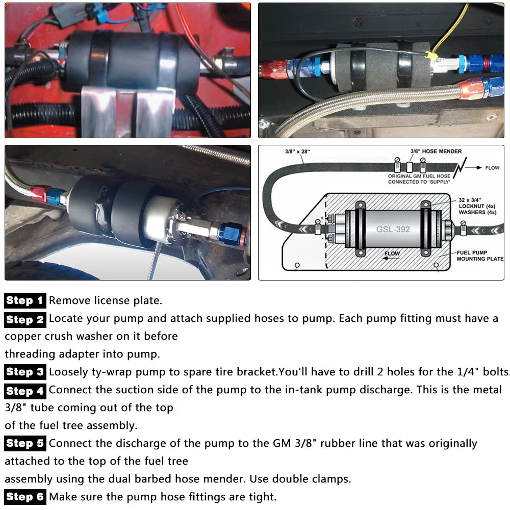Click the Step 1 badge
point(25,300)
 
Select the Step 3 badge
point(25,372)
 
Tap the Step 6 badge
point(25,496)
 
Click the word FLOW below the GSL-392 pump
point(391,253)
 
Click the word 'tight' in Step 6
point(261,496)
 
